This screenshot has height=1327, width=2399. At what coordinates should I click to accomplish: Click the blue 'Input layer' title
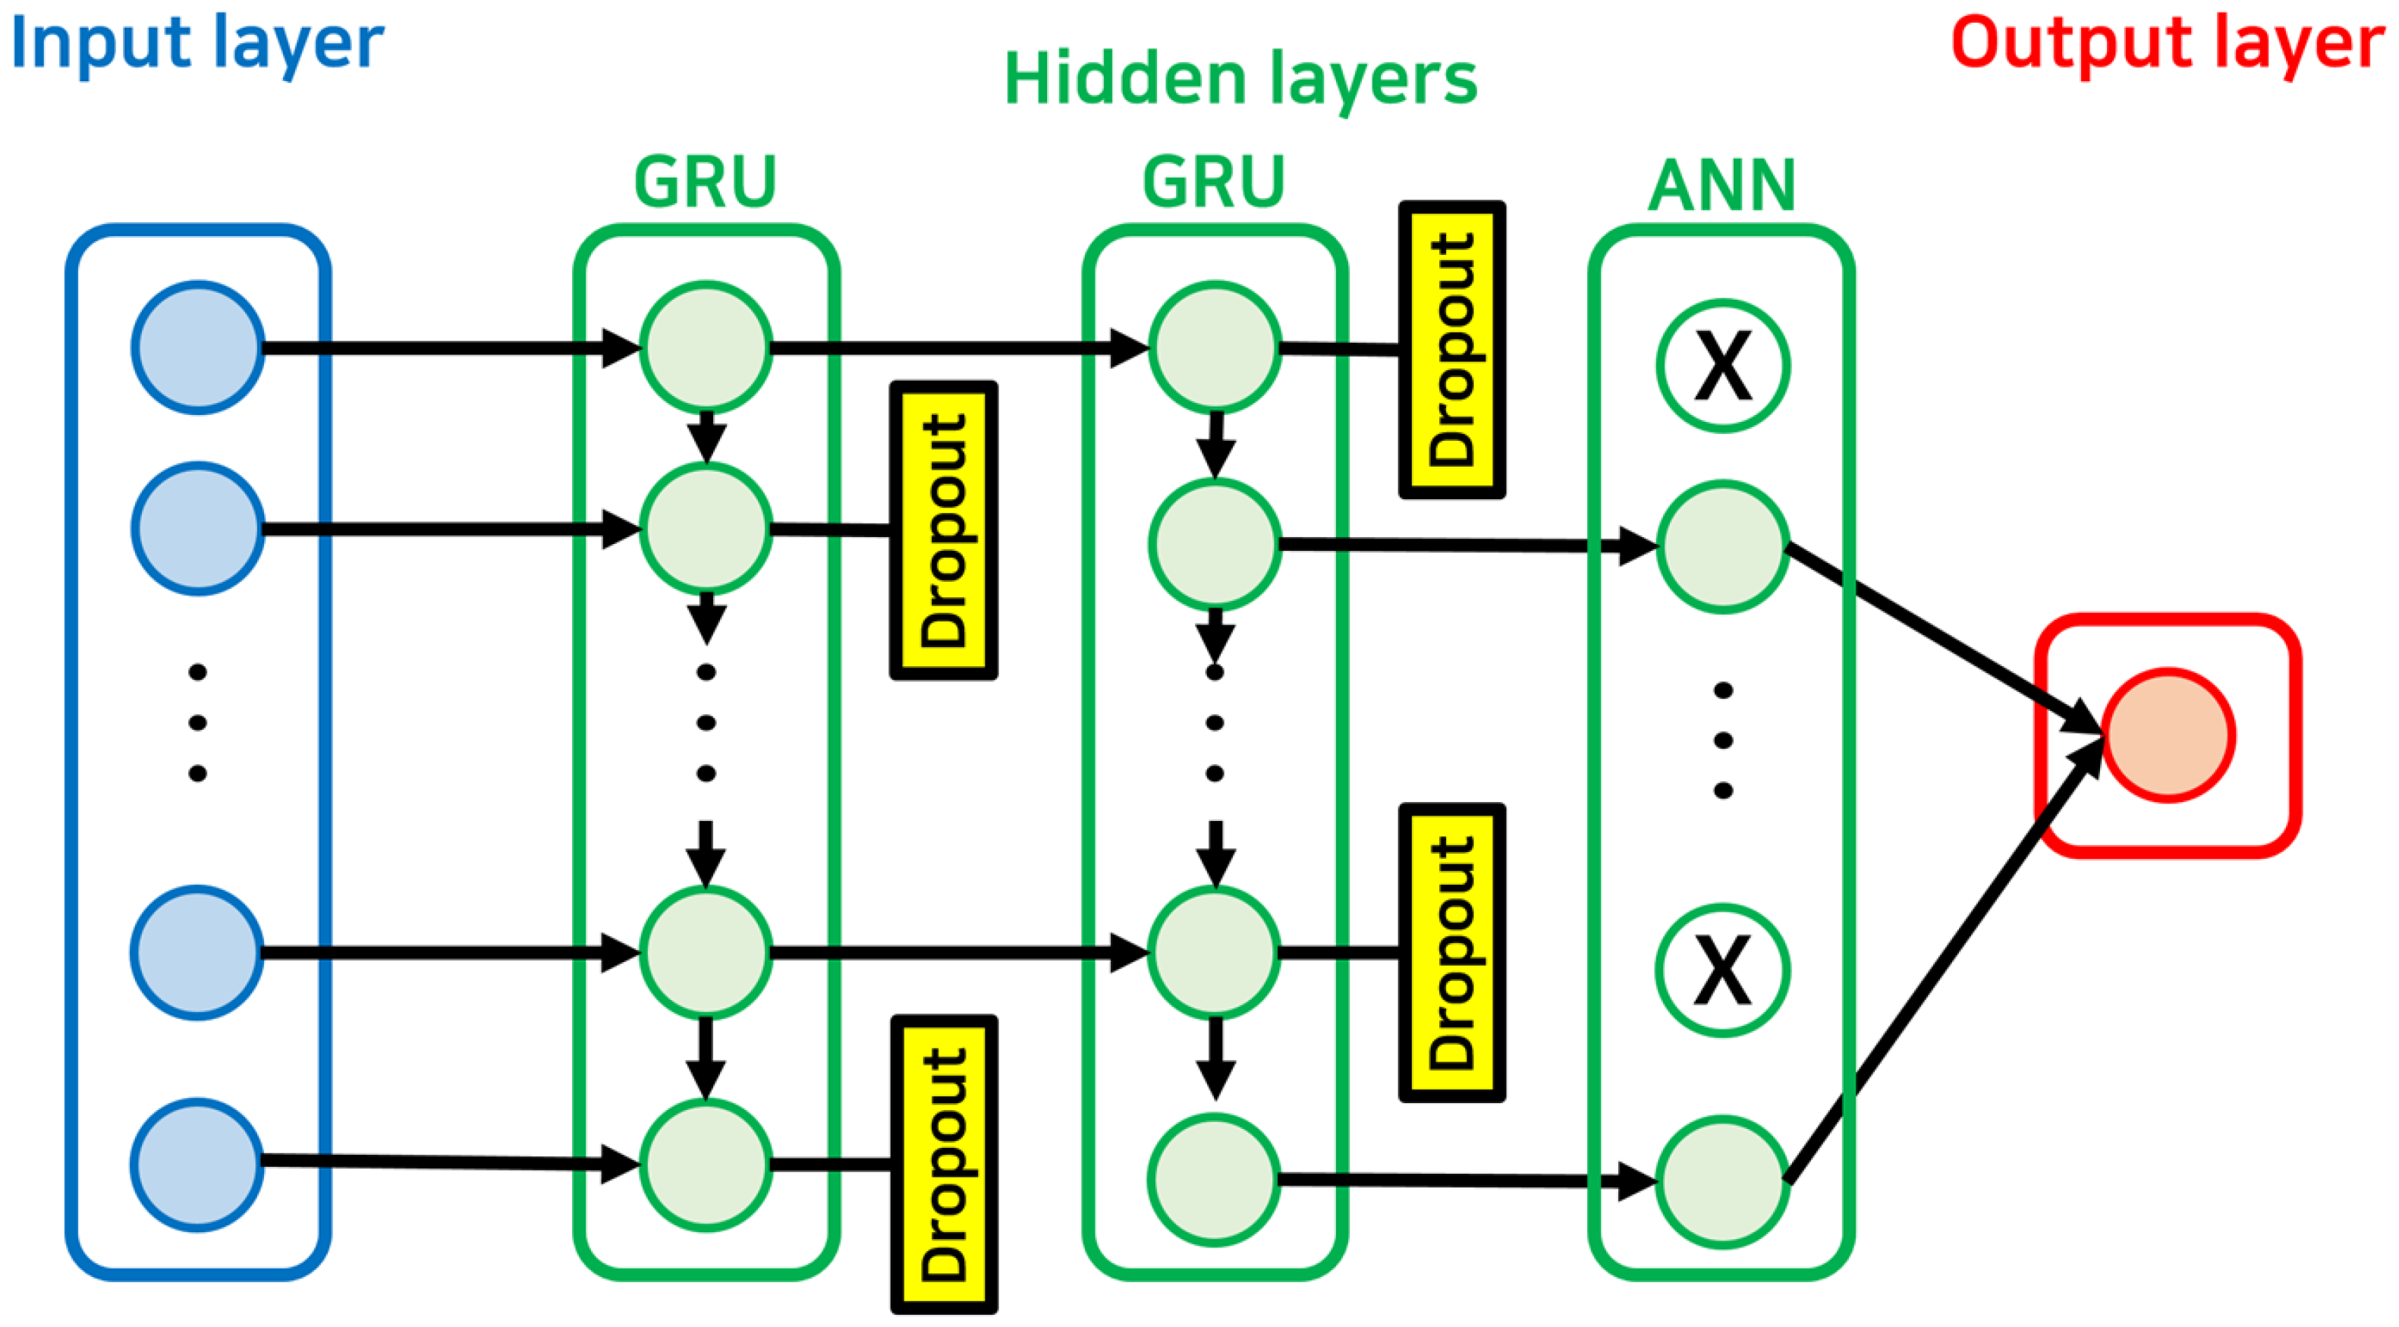[197, 45]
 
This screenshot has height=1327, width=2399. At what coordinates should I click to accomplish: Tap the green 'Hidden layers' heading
[1240, 80]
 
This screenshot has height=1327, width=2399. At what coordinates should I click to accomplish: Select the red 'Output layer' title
[2167, 45]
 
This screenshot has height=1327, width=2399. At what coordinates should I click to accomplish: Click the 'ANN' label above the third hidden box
[1722, 186]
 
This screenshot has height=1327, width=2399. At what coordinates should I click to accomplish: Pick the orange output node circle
[2168, 734]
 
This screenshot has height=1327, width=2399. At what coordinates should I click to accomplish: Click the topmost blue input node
[197, 347]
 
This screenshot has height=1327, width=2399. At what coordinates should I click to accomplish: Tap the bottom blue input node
[197, 1164]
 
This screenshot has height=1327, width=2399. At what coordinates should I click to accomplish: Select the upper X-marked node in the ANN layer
[1723, 366]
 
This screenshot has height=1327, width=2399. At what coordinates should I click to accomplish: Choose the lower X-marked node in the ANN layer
[1723, 970]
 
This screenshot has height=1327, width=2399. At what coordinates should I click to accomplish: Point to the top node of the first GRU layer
[706, 347]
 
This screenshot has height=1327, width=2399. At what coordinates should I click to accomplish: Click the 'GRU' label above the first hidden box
[705, 183]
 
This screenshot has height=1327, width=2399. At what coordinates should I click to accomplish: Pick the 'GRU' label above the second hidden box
[1213, 183]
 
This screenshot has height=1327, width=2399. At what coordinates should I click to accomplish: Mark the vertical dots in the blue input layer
[197, 722]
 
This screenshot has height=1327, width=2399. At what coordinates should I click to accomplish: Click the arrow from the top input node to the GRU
[451, 348]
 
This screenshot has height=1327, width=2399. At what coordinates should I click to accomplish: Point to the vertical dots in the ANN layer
[1723, 741]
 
